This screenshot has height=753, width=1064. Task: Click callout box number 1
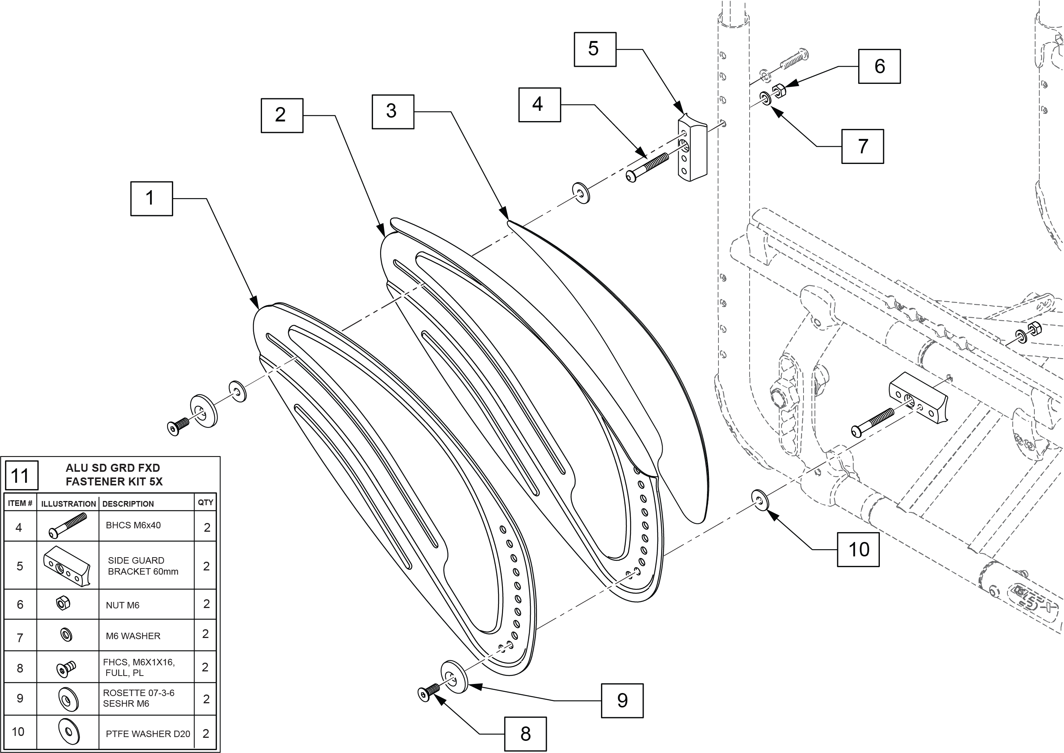pos(151,198)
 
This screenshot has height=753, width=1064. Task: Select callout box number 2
pos(281,115)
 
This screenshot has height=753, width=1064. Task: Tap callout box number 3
pos(392,112)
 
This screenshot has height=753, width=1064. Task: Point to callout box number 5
pos(595,49)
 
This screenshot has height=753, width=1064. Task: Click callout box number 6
pos(879,66)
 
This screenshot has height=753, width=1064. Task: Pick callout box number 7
pos(862,147)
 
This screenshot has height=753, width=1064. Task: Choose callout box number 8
pos(525,734)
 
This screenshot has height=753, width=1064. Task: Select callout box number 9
pos(622,701)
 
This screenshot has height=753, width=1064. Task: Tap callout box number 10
pos(858,550)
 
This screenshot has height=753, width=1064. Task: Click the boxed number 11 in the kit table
pos(21,475)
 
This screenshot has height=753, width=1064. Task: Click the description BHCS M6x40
pos(133,525)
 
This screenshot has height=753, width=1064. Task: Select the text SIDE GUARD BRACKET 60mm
pos(143,566)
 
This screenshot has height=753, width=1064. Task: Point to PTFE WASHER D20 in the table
pos(148,734)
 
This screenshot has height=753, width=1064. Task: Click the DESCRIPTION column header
pos(128,504)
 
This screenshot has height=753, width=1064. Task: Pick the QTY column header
pos(205,503)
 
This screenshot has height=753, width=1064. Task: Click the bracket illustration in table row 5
pos(67,565)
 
